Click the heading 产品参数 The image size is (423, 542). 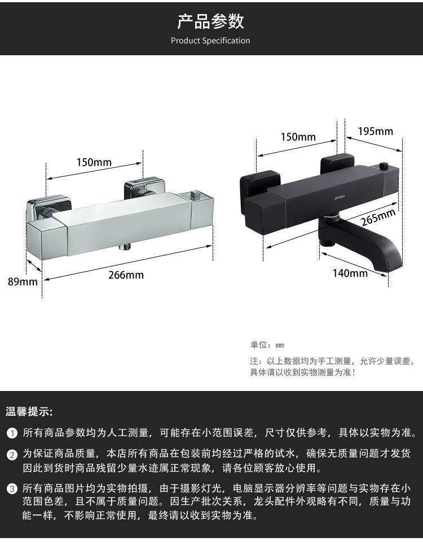tap(210, 21)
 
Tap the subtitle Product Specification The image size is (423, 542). tap(210, 41)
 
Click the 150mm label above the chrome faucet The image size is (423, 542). tap(94, 162)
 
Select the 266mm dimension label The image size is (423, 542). tap(127, 275)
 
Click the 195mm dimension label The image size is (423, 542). tap(376, 131)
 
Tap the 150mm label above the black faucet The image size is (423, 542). tap(298, 137)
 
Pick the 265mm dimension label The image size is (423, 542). tap(378, 217)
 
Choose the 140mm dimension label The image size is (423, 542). tap(350, 273)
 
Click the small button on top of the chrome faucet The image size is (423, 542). tap(197, 195)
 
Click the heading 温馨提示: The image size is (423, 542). tap(29, 411)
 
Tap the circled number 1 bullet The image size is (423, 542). tap(12, 433)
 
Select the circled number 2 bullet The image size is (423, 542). tap(12, 454)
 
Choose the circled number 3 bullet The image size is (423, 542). tap(12, 488)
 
